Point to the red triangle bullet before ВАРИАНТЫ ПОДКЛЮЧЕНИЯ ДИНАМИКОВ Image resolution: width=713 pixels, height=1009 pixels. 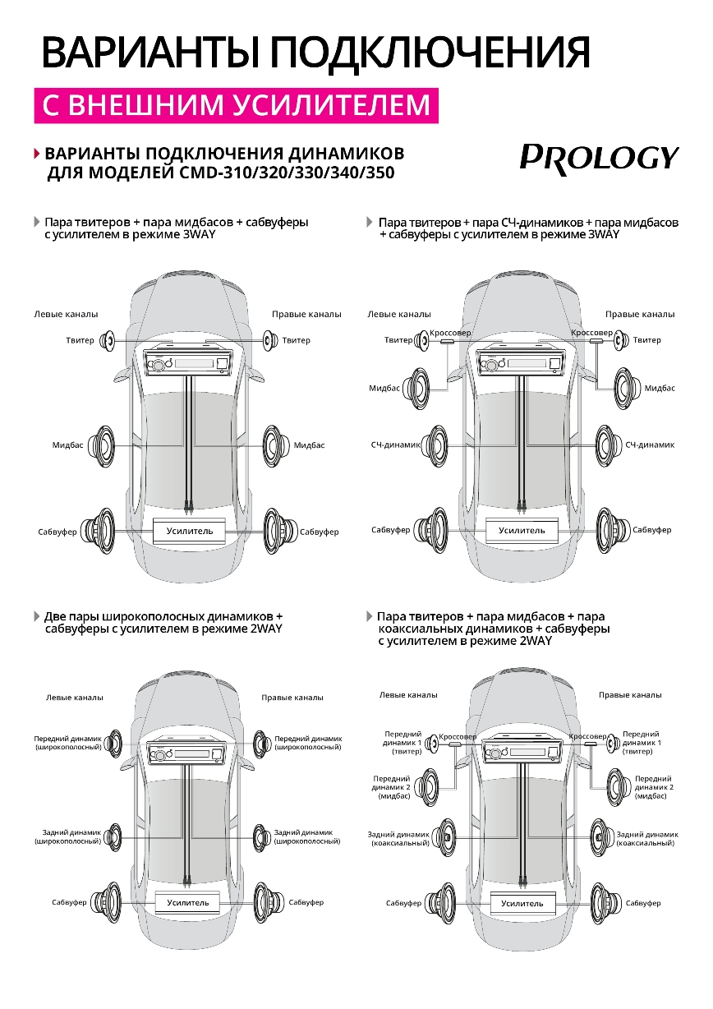(36, 154)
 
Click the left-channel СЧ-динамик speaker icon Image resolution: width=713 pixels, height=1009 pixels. (435, 445)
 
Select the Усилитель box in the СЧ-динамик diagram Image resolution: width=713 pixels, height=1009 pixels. (522, 531)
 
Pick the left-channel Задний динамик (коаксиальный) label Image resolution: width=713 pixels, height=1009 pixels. (398, 838)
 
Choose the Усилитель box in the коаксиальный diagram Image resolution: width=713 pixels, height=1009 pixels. (522, 904)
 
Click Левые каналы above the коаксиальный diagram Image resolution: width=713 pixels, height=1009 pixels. (408, 694)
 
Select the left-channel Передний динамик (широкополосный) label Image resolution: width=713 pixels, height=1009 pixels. (67, 743)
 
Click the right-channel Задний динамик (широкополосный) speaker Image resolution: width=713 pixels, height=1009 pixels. (263, 836)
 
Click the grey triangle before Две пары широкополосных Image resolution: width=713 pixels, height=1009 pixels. (36, 615)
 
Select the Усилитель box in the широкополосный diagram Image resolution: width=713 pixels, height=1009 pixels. (188, 902)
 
